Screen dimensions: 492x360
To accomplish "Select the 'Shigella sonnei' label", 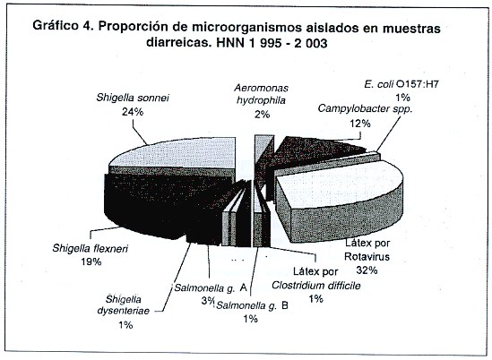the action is coord(133,98).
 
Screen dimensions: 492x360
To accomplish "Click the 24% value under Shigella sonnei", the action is coord(133,112).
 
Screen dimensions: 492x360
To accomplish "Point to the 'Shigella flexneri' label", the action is coord(91,248).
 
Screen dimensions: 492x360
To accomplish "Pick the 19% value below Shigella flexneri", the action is coord(91,261).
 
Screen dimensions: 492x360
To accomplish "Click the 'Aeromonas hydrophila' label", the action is coord(261,94).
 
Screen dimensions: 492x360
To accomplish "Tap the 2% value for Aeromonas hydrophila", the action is coord(262,114).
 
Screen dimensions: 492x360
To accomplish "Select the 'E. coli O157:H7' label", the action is coord(401,84).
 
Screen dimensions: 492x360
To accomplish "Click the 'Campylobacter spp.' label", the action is coord(365,109).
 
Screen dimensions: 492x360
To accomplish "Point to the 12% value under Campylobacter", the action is coord(360,124).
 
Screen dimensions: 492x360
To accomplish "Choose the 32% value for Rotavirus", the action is coord(367,270).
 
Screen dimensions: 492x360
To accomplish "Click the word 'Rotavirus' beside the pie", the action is coord(367,256).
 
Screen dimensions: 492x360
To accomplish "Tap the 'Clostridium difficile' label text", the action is coord(316,286).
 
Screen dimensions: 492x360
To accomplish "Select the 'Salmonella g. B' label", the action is coord(253,305).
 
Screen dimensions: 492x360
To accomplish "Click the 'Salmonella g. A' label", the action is coord(211,287).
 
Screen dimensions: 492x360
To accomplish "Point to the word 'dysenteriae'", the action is coord(124,311).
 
